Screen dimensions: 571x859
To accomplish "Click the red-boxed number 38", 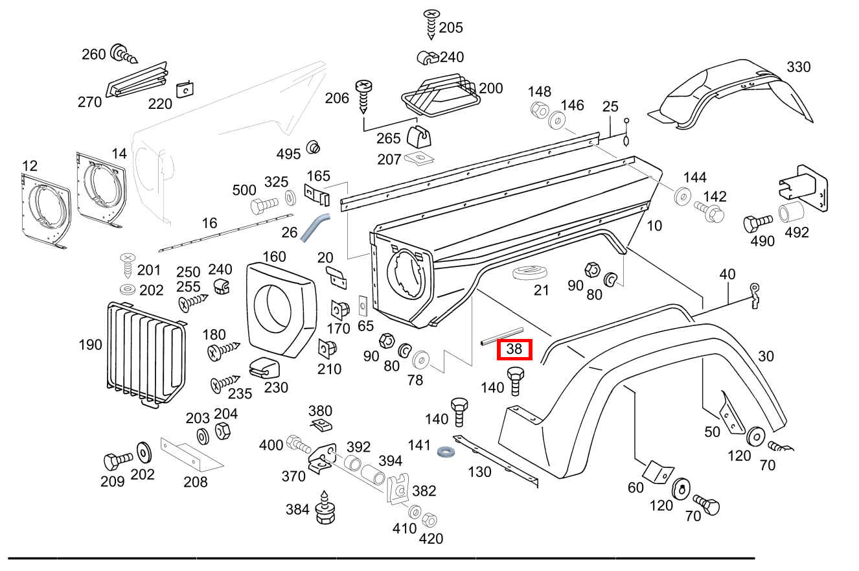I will [x=514, y=349].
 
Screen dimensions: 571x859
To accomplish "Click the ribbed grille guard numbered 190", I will [x=146, y=353].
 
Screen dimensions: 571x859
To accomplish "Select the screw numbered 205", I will [x=431, y=25].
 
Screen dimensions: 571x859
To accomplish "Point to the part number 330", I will [x=798, y=67].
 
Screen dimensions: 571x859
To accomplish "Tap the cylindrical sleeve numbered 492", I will [x=790, y=213].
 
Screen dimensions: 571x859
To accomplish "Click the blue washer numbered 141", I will [x=444, y=450].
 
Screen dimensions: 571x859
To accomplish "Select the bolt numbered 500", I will [x=262, y=207].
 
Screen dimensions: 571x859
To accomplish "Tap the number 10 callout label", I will [x=654, y=225].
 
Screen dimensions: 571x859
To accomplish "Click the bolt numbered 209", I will [x=117, y=463].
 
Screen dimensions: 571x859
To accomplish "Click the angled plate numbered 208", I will [x=191, y=453].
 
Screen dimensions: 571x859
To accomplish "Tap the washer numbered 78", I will [x=422, y=359].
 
